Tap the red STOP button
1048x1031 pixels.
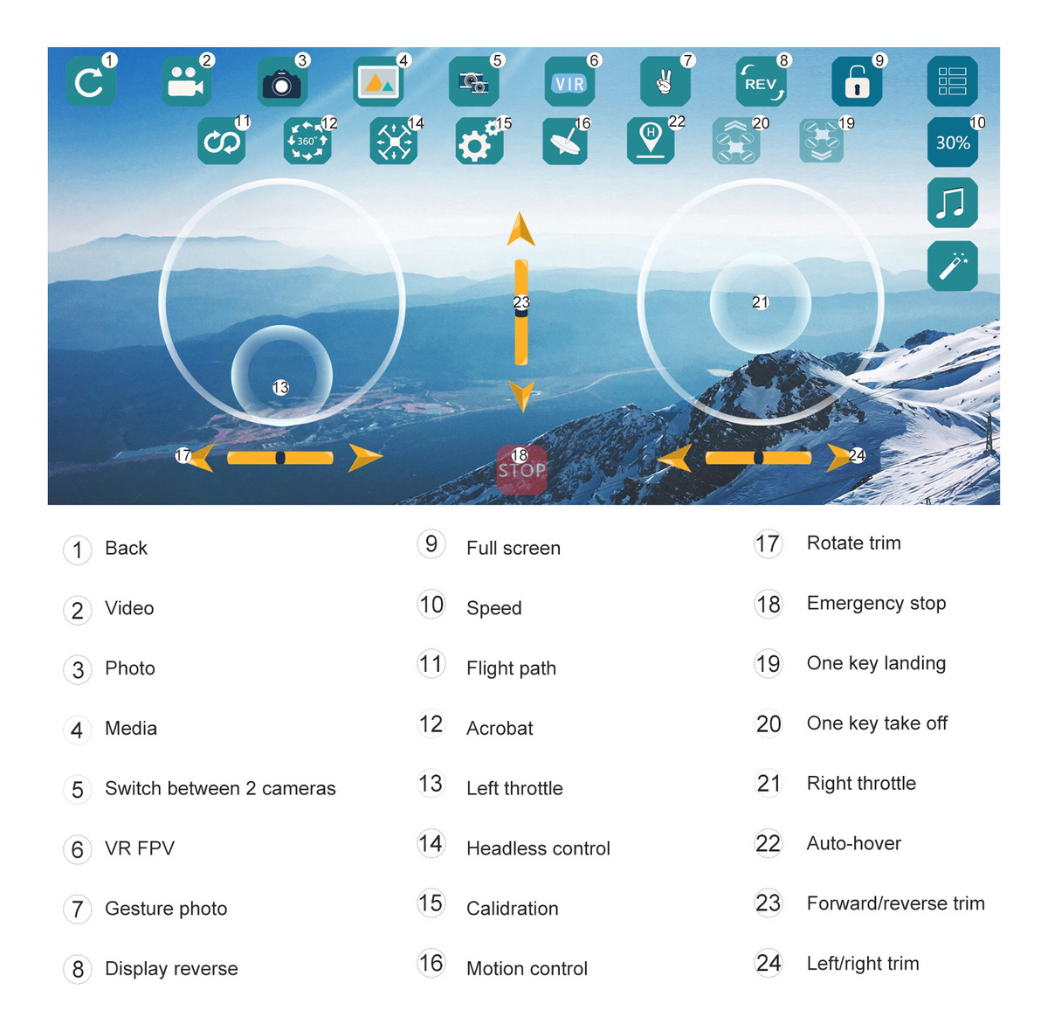click(521, 469)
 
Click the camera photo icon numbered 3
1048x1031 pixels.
click(282, 81)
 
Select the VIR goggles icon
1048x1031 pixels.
click(569, 81)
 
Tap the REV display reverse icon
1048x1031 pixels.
click(761, 81)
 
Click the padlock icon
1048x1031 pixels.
click(856, 81)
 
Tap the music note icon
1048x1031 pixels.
click(952, 203)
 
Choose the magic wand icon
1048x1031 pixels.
click(952, 266)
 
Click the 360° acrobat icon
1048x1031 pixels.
click(307, 141)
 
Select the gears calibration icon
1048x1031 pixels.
click(479, 141)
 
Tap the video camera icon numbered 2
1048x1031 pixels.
click(186, 81)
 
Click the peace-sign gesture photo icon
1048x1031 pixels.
click(665, 81)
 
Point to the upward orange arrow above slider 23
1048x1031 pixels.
click(521, 229)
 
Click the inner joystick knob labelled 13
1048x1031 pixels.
click(281, 376)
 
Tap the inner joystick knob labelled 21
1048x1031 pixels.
click(760, 303)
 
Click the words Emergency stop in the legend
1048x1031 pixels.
click(876, 603)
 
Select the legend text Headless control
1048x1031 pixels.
click(538, 848)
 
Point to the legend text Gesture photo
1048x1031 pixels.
click(166, 909)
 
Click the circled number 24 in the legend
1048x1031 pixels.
click(768, 963)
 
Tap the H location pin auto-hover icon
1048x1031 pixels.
click(651, 141)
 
